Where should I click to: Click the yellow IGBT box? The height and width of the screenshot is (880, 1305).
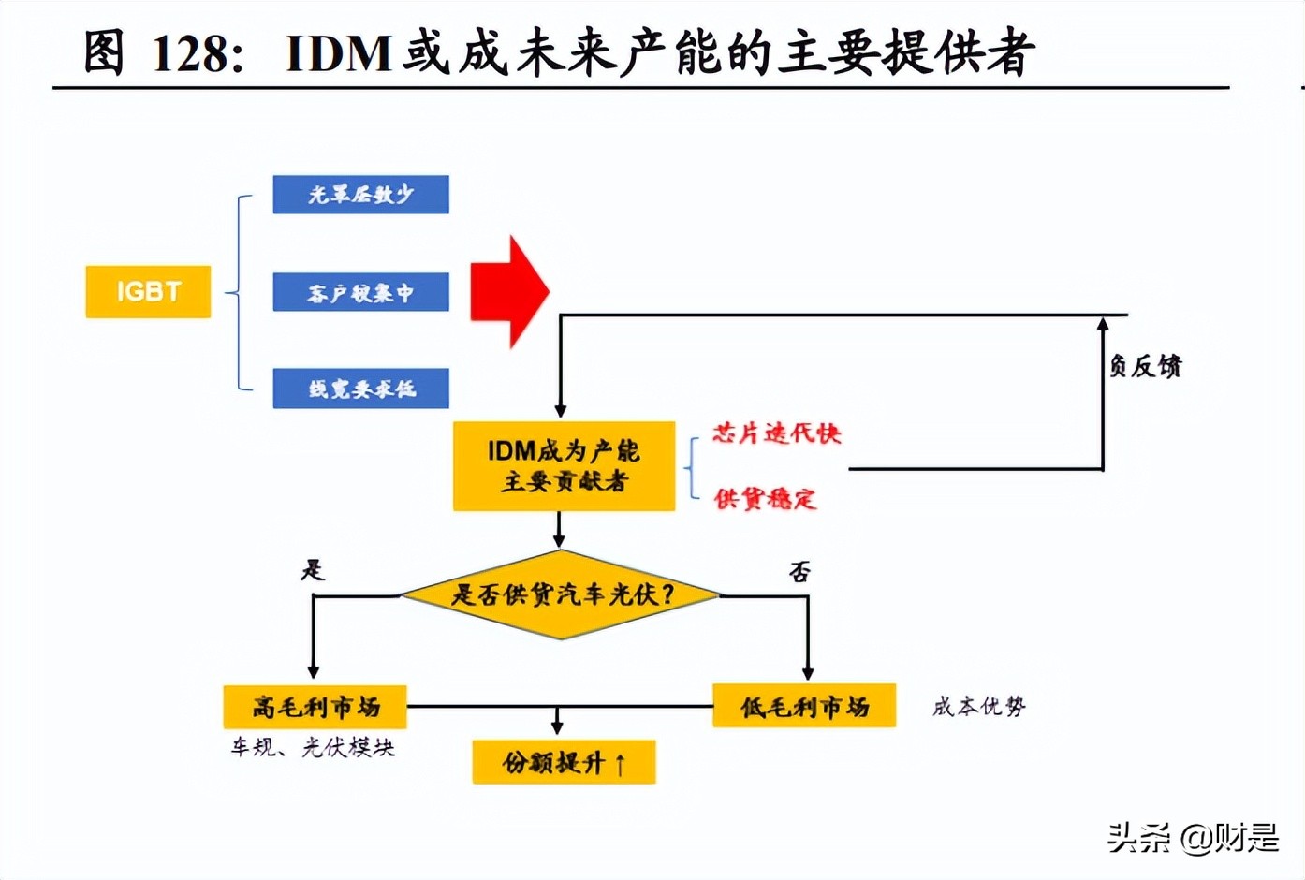148,292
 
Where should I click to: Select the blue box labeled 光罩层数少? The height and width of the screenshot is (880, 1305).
360,195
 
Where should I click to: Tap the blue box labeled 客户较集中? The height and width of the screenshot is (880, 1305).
360,293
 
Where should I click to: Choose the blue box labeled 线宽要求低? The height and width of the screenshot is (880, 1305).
360,389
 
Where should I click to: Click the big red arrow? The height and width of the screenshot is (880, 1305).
508,292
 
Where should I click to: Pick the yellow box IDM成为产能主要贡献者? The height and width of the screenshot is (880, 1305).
564,466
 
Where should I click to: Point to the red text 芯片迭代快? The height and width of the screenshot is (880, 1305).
776,433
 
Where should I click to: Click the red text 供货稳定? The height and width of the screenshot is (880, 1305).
765,499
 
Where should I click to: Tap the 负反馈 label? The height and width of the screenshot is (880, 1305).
1145,366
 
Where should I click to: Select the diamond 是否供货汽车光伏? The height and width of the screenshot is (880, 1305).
561,595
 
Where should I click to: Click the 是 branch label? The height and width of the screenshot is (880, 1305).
313,569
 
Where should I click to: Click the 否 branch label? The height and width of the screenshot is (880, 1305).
799,571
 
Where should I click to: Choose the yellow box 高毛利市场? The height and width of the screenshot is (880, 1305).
315,707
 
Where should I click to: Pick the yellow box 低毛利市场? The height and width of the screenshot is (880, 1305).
804,707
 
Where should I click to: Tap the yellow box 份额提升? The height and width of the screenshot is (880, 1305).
564,762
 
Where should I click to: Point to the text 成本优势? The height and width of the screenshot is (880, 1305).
979,706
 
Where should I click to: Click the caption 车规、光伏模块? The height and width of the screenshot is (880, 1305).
313,747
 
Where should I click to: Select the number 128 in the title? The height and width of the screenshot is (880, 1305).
190,53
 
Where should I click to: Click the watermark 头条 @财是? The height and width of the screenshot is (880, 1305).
1193,837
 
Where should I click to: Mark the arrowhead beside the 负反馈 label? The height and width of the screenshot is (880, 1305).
1103,324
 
